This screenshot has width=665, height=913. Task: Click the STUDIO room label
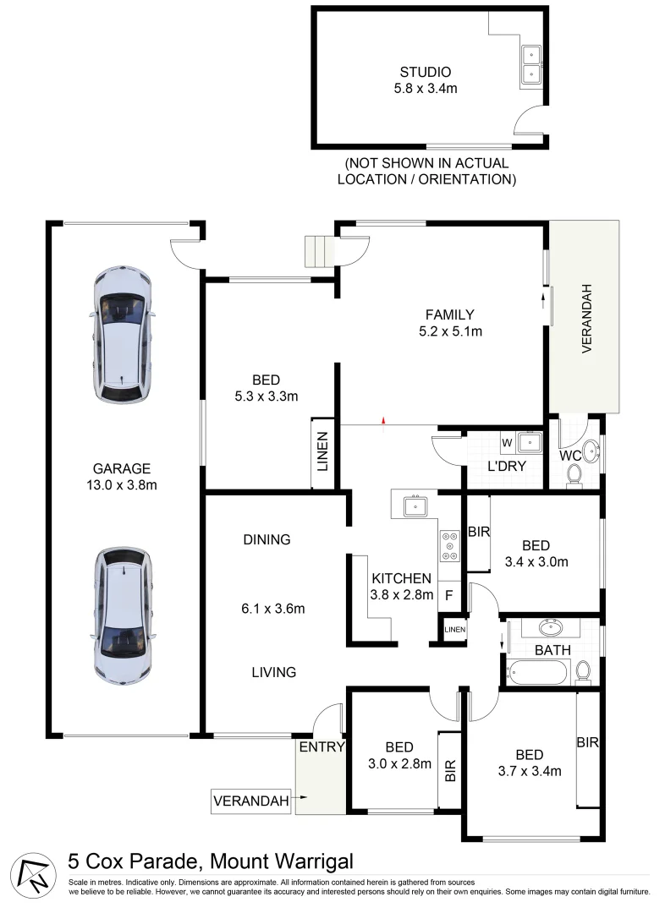pos(425,72)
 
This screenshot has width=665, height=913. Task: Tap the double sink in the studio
pos(531,64)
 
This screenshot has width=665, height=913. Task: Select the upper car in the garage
pos(124,335)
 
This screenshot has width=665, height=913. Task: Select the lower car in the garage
pos(124,616)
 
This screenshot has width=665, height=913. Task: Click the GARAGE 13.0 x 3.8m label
pos(122,477)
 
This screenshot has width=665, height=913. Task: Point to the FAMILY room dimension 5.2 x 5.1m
pos(449,331)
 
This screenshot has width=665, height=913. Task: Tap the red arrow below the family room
pos(384,420)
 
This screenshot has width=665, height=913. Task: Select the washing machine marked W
pos(507,441)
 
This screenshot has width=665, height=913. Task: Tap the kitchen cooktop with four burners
pos(449,546)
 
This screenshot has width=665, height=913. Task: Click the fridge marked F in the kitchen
pos(449,594)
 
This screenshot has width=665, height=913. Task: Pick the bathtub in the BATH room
pos(536,674)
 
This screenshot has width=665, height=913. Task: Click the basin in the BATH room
pos(551,627)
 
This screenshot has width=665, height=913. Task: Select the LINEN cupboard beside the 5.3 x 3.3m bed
pos(322,453)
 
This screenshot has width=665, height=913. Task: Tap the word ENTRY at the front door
pos(321,746)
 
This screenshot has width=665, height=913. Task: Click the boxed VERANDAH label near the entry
pos(250,800)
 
